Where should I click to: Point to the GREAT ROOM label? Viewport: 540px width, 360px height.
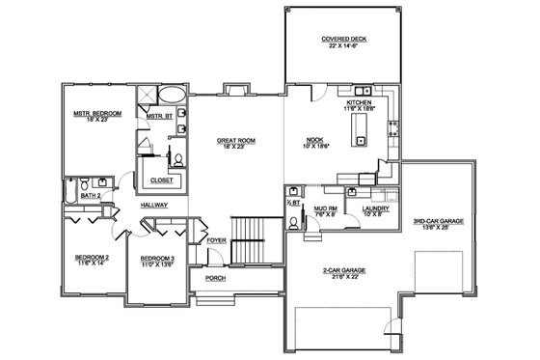click(x=235, y=142)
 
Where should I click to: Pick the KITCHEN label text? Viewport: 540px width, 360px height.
click(x=361, y=101)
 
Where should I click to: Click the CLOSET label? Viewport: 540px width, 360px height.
click(x=156, y=180)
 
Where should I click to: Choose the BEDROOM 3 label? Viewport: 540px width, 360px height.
click(x=156, y=260)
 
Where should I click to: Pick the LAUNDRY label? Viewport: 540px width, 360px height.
click(x=374, y=209)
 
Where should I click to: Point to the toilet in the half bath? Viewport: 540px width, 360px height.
click(x=293, y=221)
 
